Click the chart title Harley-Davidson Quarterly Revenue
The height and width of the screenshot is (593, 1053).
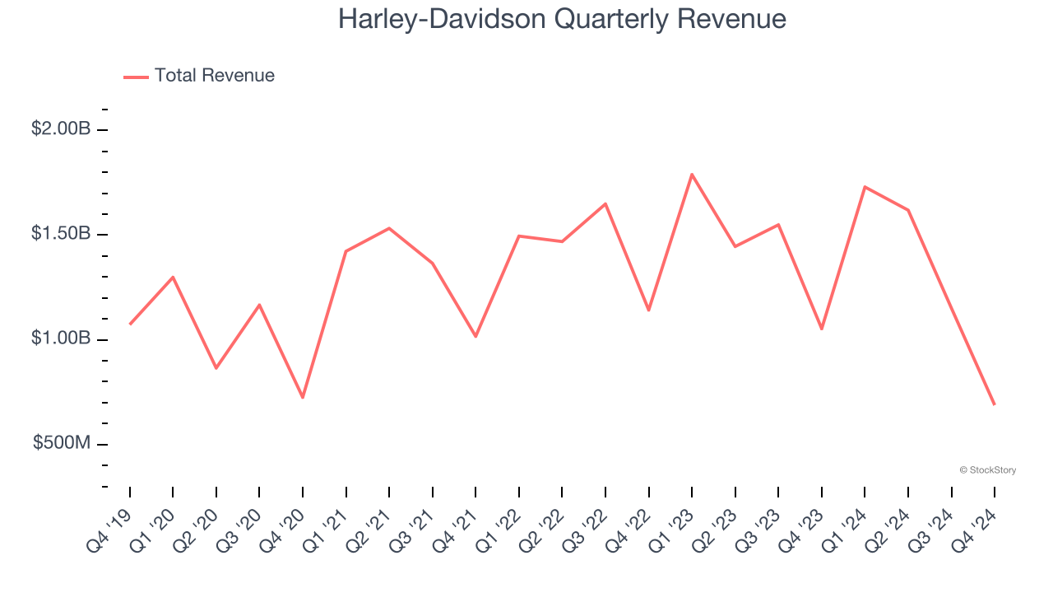point(562,19)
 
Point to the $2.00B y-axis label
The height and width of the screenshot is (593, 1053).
point(60,129)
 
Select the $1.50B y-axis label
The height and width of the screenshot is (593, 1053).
point(60,234)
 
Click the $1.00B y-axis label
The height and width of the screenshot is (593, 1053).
point(60,339)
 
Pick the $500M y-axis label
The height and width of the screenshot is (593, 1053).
point(62,443)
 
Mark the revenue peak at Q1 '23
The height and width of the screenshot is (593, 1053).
point(692,175)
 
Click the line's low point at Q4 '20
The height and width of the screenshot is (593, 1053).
point(303,398)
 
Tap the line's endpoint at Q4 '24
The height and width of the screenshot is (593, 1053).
point(995,404)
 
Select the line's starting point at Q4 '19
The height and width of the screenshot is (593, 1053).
point(130,325)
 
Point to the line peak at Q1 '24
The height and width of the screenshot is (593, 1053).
point(865,187)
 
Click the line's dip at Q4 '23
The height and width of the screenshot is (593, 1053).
point(822,329)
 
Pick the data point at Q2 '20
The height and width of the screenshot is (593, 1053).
point(216,368)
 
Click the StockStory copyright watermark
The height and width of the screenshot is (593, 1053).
point(987,470)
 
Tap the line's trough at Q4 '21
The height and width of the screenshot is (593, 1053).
point(475,337)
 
